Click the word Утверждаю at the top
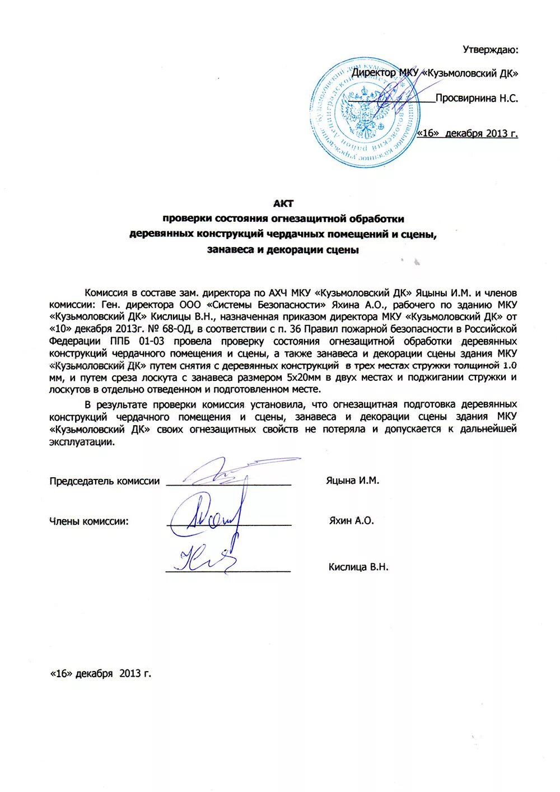[x=490, y=49]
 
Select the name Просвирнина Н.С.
[x=477, y=98]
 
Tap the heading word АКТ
[x=283, y=203]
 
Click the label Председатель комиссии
[x=104, y=481]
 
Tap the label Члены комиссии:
[x=89, y=521]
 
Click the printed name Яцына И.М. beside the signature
[x=352, y=480]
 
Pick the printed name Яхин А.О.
[x=351, y=520]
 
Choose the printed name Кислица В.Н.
[x=358, y=567]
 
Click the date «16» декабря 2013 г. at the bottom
[x=101, y=673]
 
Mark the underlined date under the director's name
[x=468, y=133]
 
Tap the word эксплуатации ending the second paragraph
[x=82, y=441]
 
